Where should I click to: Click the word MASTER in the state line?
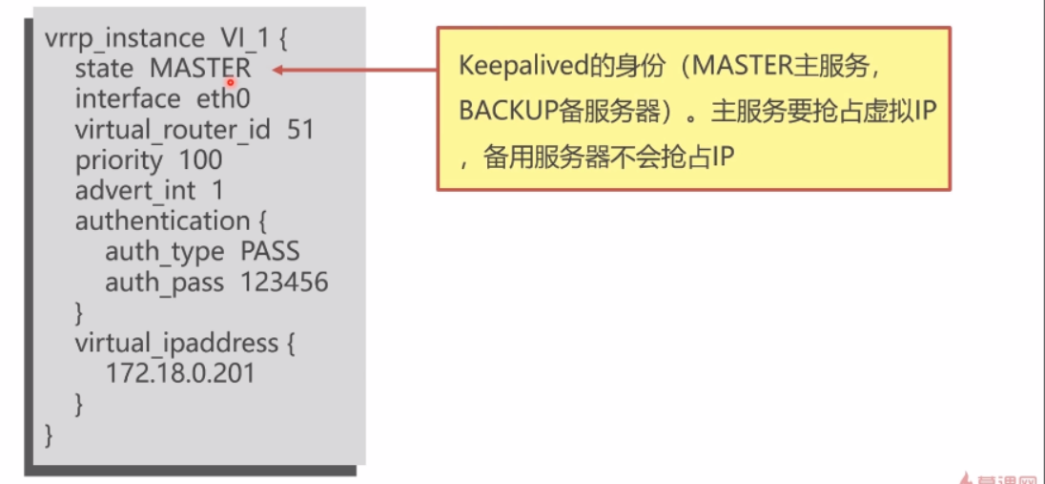(x=200, y=69)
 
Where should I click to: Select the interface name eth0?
(x=223, y=98)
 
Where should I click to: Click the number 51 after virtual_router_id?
(x=300, y=129)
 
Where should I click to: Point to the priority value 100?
(x=200, y=159)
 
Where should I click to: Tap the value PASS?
(x=270, y=251)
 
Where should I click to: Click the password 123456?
(x=284, y=282)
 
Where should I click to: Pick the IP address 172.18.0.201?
(x=181, y=372)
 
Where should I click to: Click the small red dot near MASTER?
(x=230, y=82)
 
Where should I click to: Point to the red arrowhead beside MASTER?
(x=277, y=69)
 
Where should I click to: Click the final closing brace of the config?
(x=51, y=434)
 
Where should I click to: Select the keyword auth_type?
(x=165, y=251)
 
